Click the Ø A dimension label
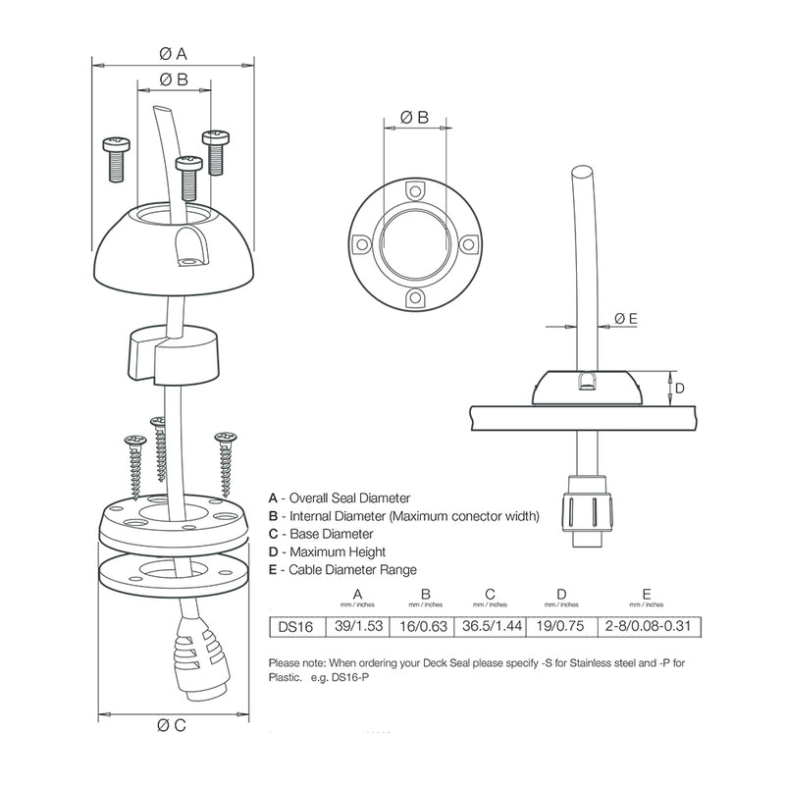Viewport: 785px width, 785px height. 173,52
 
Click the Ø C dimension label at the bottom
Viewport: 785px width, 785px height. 173,726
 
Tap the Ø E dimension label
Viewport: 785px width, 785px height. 626,317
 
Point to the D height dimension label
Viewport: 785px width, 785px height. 679,389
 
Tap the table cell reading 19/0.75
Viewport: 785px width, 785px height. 561,625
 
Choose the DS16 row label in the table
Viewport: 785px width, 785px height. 291,625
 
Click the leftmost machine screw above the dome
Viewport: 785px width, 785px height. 116,157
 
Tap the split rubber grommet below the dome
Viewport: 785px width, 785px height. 173,354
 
